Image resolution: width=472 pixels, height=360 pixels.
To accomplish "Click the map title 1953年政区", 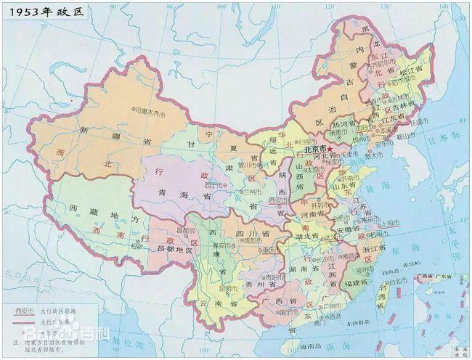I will tap(41, 12).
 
